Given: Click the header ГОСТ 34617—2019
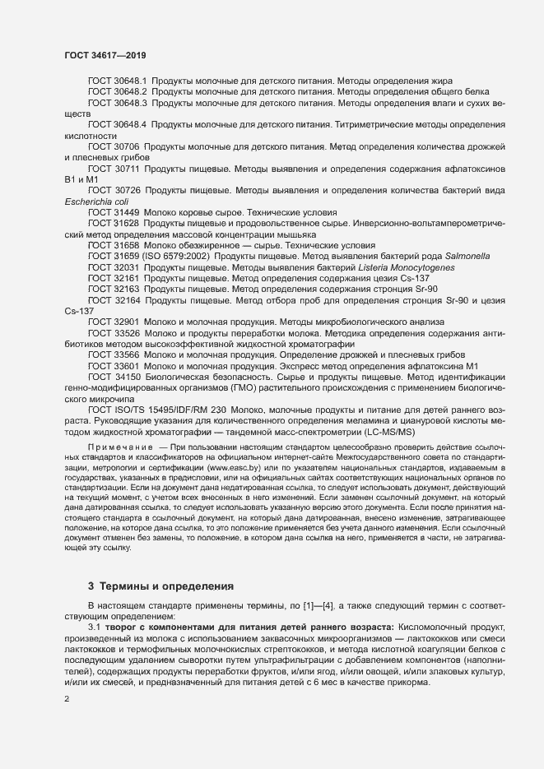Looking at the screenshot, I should click(105, 54).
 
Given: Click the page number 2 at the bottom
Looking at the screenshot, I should click(67, 699).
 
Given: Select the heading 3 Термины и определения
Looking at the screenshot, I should click(160, 586).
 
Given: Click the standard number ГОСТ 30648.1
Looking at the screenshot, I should click(116, 82).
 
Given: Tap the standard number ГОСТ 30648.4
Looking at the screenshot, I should click(116, 124).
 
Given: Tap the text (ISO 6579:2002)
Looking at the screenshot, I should click(179, 257).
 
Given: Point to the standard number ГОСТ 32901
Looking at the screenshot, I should click(114, 322).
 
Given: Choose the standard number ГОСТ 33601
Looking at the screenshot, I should click(114, 366).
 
